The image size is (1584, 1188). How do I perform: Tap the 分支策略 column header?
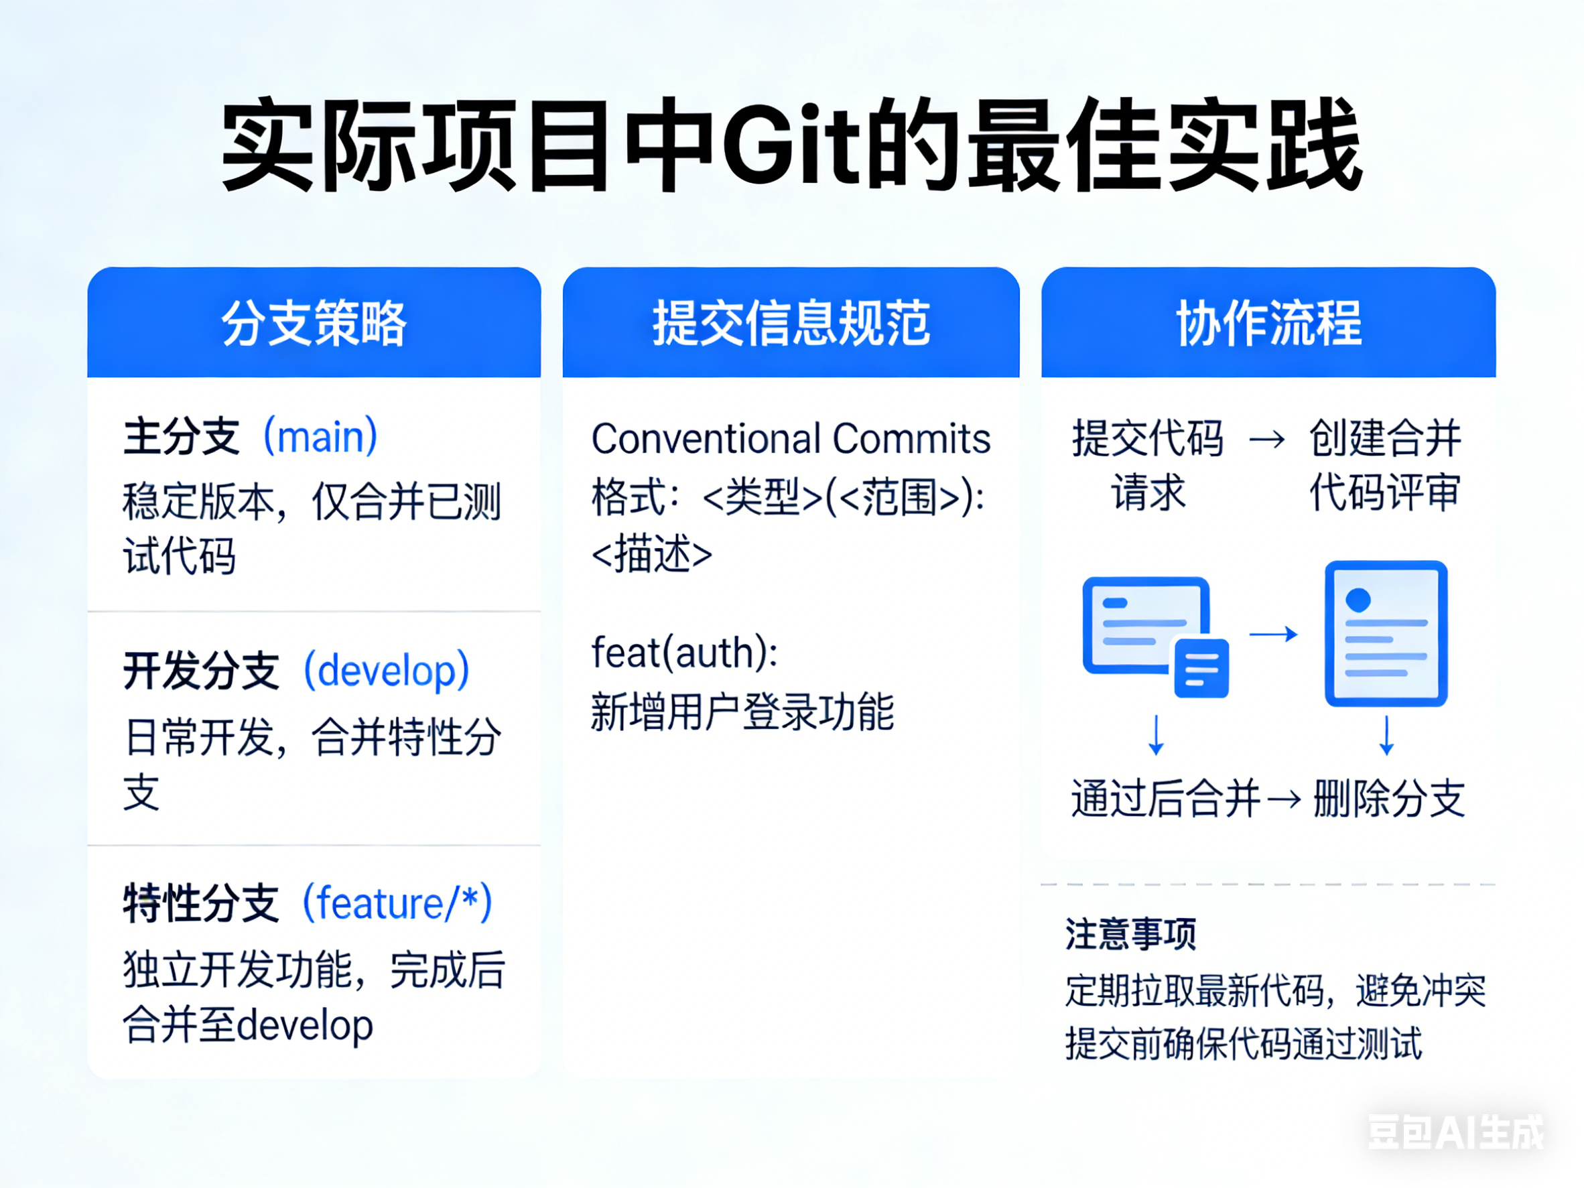314,323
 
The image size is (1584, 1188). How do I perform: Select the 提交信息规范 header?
791,323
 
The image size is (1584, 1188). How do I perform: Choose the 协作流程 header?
1268,323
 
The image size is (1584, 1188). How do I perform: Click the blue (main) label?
320,436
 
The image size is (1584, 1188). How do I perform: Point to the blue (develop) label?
387,670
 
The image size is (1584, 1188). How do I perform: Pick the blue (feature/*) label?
397,903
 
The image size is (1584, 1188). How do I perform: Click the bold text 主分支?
180,436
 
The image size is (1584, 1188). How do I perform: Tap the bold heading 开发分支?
200,670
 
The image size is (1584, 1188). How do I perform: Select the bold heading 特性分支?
200,903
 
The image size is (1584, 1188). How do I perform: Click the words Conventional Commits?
791,438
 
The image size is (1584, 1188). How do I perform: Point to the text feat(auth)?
685,653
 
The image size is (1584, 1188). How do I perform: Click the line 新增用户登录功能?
742,712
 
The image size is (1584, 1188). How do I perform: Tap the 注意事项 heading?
1131,934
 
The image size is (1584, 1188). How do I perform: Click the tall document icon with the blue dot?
1386,633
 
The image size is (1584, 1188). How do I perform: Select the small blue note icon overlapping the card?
1201,667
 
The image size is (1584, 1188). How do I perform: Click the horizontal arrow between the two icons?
1273,634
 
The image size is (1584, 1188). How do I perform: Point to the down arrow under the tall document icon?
1386,735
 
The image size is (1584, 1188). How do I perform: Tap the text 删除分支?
1389,799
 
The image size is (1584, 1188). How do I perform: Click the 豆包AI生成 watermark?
1456,1132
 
